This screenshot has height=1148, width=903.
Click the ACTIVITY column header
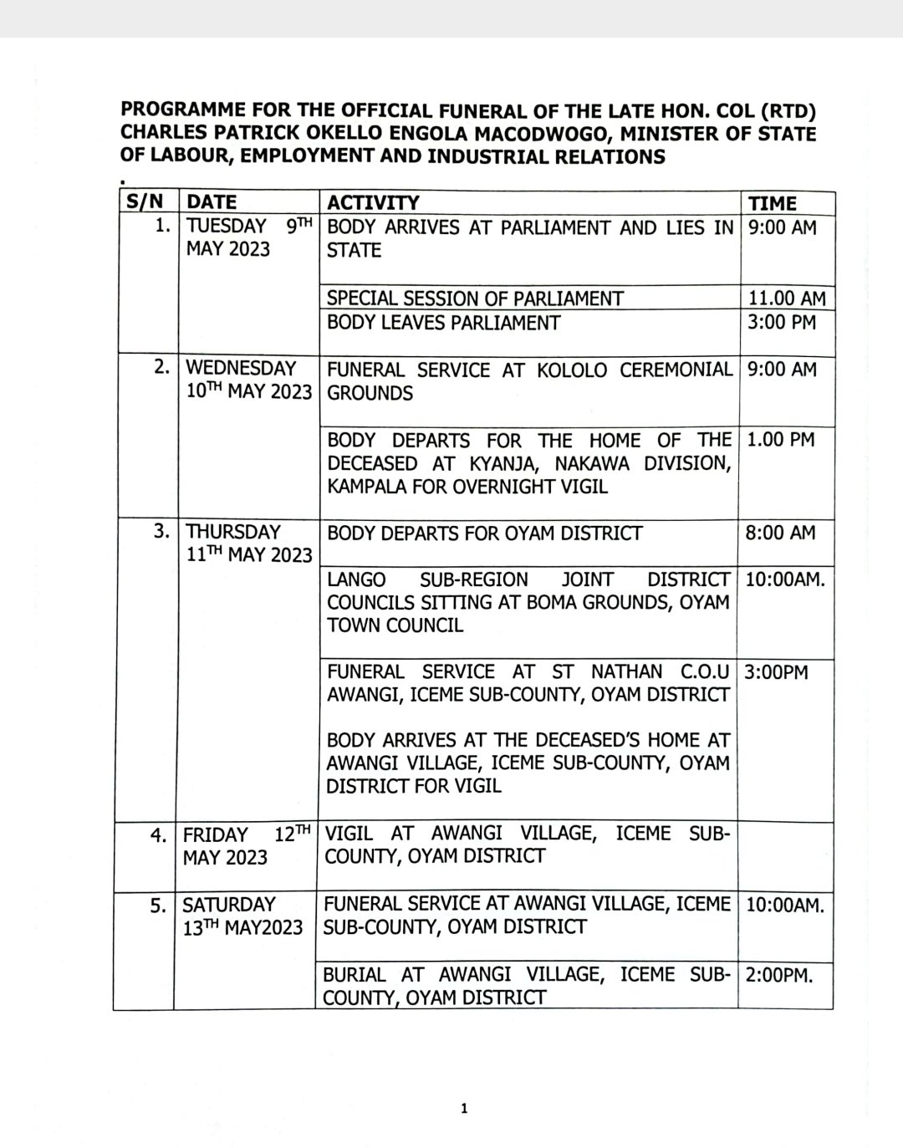[373, 203]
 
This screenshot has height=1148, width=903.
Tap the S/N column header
[145, 202]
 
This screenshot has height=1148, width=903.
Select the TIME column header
[772, 203]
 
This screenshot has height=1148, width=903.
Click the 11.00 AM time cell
[786, 298]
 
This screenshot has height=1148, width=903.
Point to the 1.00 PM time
[780, 439]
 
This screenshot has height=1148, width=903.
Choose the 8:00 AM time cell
[780, 533]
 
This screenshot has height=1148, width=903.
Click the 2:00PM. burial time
[778, 974]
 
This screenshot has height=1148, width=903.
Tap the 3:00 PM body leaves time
[781, 322]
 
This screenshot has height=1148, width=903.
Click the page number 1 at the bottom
[465, 1110]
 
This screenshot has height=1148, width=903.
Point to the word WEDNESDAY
[241, 369]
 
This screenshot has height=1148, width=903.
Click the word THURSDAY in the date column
[232, 532]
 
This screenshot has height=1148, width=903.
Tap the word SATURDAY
[228, 905]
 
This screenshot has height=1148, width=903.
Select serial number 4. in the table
[158, 834]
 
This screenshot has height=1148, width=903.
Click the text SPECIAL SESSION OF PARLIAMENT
[475, 298]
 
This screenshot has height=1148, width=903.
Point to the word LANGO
[356, 579]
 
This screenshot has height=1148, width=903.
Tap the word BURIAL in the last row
[355, 974]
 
